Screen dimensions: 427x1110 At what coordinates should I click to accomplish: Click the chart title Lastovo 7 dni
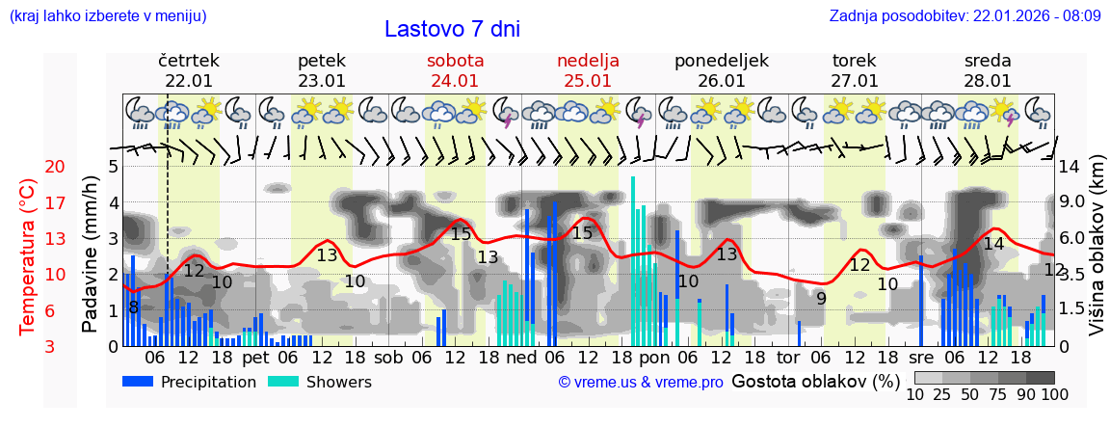coord(452,29)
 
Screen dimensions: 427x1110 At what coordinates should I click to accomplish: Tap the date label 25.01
coord(588,81)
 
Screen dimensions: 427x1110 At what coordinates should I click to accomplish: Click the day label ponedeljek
coord(721,60)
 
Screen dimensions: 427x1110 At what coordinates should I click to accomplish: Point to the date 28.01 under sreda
coord(988,81)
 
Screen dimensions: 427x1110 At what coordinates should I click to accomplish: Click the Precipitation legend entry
coord(189,382)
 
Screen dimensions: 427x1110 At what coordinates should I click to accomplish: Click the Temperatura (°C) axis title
coord(28,256)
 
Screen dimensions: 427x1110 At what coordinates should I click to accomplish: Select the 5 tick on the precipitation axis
coord(113,167)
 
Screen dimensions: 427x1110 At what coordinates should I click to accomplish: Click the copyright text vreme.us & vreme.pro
coord(641,383)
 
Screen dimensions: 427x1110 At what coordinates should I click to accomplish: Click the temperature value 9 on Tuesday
coord(821,299)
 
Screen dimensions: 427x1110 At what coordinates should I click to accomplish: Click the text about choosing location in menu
coord(107,15)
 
